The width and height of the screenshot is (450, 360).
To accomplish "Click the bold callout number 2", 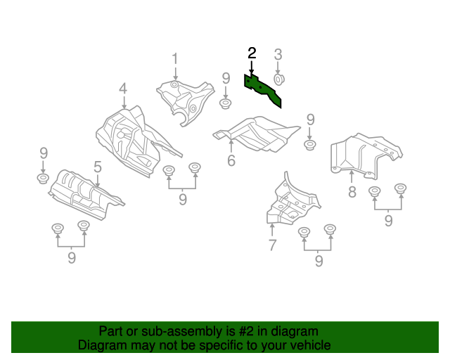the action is click(x=252, y=53).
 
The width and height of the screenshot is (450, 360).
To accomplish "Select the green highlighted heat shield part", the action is click(x=262, y=90).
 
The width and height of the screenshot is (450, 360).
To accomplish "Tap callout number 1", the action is click(x=175, y=59).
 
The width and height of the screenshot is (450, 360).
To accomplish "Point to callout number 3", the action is click(x=278, y=55).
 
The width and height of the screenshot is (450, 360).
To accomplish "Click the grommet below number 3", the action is click(x=278, y=79).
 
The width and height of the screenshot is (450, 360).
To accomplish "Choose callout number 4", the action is click(x=123, y=89).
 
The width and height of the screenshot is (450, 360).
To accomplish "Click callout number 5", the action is click(x=98, y=167).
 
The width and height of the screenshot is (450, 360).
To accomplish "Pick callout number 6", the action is click(x=231, y=160).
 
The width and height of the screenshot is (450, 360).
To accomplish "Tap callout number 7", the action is click(x=272, y=245).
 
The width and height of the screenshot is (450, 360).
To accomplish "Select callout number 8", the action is click(x=352, y=192).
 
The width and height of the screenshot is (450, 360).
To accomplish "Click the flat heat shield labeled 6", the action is click(x=256, y=134).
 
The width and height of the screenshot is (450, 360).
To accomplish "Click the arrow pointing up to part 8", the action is click(x=352, y=176).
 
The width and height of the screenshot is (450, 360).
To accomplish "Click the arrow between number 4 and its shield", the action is click(x=124, y=102).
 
